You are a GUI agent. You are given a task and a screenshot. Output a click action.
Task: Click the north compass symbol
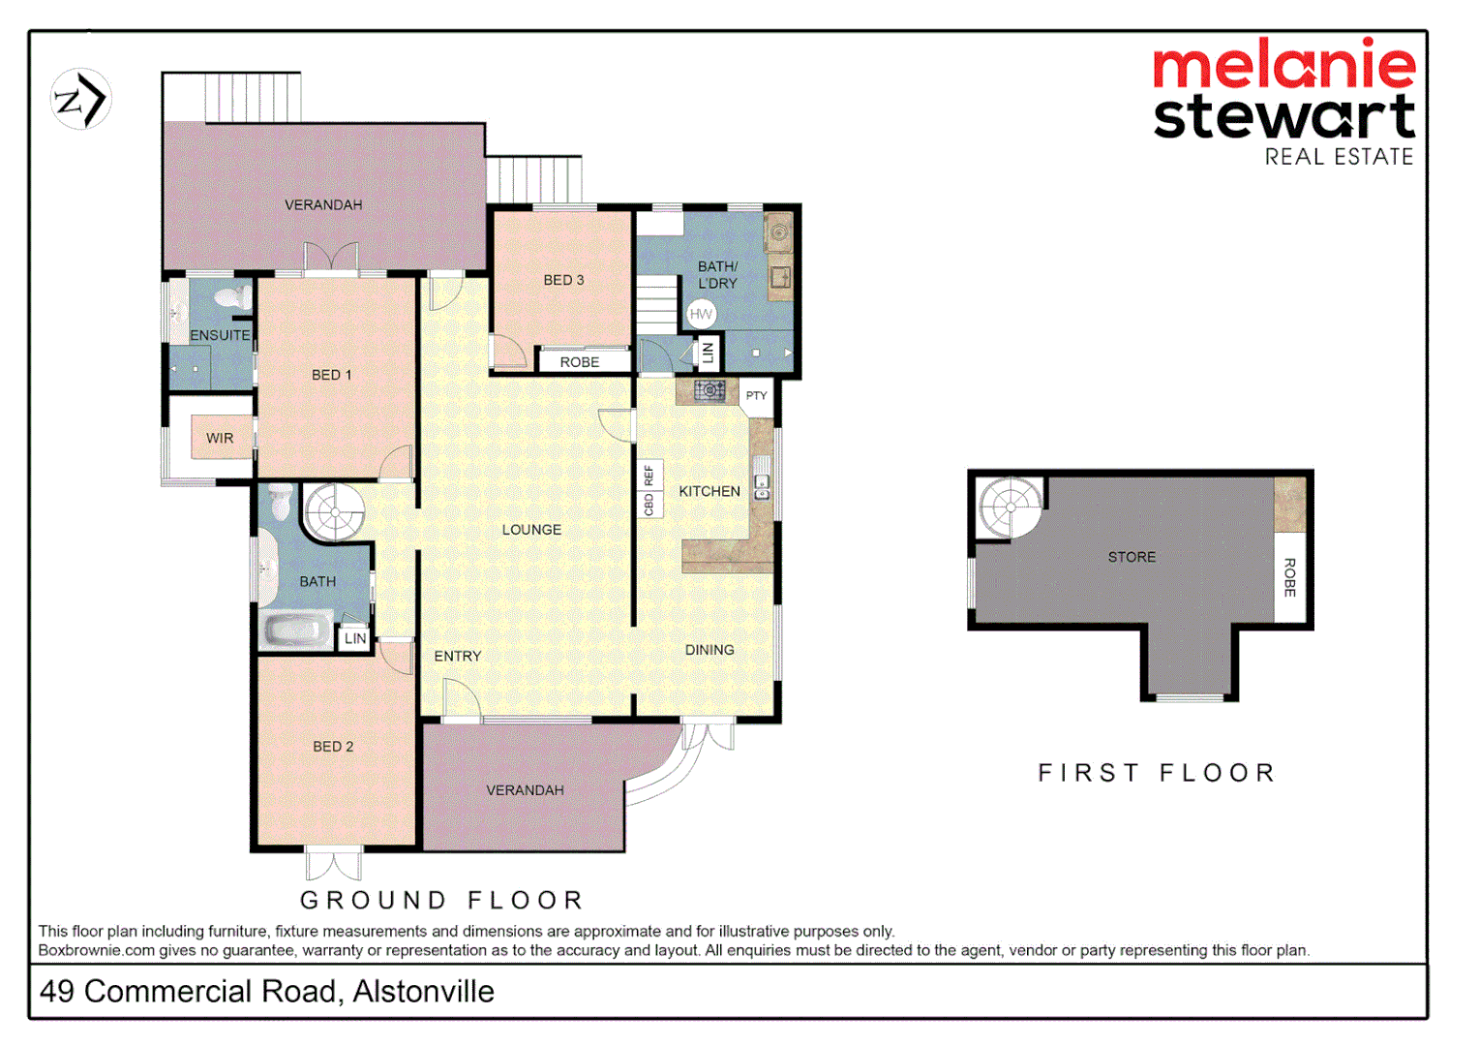[x=80, y=99]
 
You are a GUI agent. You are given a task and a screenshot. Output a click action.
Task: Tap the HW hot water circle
[x=701, y=314]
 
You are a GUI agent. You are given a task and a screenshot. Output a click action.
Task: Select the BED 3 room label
[x=563, y=280]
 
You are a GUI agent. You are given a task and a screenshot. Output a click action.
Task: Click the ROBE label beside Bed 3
[x=580, y=362]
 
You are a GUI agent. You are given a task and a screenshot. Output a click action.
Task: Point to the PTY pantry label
[x=756, y=395]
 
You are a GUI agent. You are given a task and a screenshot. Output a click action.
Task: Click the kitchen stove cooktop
[x=709, y=390]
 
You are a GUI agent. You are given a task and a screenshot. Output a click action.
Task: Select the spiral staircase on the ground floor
[x=334, y=511]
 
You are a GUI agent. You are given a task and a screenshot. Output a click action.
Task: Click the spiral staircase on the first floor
[x=1010, y=507]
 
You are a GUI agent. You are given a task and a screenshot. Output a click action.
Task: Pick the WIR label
[x=220, y=438]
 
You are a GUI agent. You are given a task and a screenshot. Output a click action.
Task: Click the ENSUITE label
[x=220, y=335]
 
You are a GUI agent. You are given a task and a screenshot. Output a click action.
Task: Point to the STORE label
[x=1132, y=557]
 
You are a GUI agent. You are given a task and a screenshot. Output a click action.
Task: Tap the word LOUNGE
[x=531, y=530]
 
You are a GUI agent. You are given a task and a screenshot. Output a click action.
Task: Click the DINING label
[x=709, y=650]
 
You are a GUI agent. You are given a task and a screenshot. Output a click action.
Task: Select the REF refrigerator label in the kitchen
[x=649, y=476]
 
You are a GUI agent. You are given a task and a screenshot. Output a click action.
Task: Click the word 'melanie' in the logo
[x=1283, y=66]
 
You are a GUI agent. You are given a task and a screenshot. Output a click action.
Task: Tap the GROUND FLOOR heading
[x=441, y=900]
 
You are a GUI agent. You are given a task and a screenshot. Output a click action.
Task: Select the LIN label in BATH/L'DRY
[x=708, y=353]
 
